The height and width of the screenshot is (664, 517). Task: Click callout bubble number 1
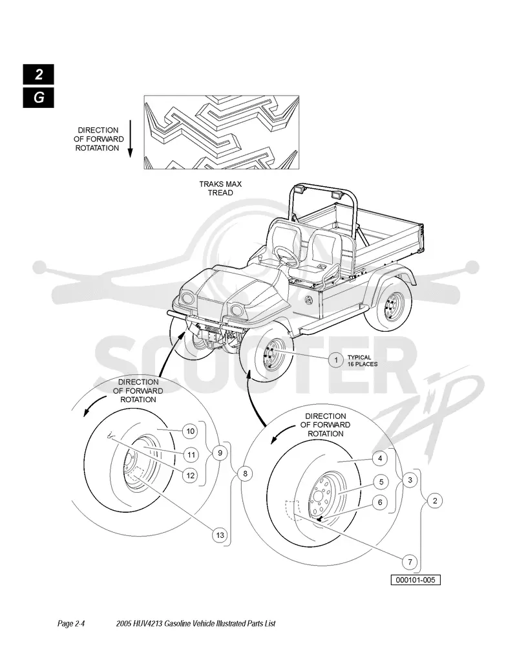pos(336,360)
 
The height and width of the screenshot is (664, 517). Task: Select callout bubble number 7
pos(410,562)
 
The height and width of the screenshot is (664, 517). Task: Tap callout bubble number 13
pos(220,535)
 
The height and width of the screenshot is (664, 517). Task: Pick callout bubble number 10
pos(191,431)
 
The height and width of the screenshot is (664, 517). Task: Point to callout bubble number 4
pos(380,458)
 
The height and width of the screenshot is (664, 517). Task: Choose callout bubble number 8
pos(245,473)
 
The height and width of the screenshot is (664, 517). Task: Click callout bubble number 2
pos(435,501)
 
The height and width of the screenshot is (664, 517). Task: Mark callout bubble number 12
pos(191,475)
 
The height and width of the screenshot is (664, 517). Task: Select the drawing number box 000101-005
pos(416,580)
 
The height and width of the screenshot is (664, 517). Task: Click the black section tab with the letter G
pos(39,98)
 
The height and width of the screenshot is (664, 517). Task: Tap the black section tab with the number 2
pos(39,74)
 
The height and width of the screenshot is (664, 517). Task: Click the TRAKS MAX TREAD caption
pos(220,188)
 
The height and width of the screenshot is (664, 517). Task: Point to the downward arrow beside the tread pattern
pos(131,138)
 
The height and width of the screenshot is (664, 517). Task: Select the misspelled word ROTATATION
pos(98,148)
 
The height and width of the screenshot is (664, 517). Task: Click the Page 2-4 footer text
pos(71,623)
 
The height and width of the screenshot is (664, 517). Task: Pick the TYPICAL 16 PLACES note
pos(363,360)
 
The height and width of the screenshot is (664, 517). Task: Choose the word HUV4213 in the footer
pos(147,623)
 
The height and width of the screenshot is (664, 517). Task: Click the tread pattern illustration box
pos(222,132)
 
